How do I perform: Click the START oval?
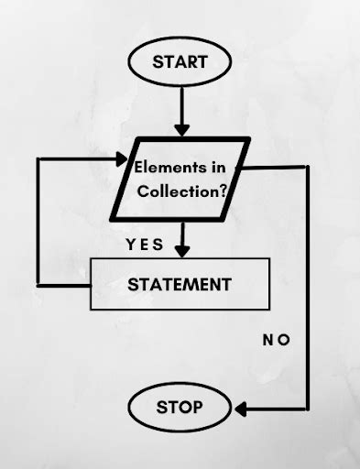[180, 63]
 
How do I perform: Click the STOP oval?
[180, 406]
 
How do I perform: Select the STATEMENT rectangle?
[180, 284]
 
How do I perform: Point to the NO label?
[277, 340]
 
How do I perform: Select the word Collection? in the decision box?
[183, 191]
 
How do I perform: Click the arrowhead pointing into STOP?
[239, 407]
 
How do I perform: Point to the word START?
[180, 63]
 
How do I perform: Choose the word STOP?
[180, 406]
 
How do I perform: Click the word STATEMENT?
[180, 284]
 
